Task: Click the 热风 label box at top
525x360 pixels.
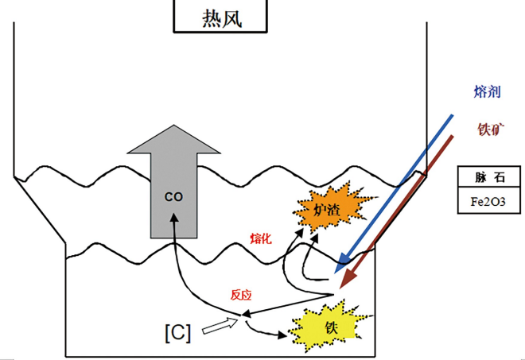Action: tap(222, 16)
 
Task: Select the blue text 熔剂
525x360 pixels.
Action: tap(486, 93)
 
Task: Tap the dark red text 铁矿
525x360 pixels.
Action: tap(489, 127)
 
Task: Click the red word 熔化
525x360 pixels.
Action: tap(262, 238)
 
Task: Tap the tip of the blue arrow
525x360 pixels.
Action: tap(337, 262)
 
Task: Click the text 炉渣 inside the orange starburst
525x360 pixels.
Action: tap(328, 211)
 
